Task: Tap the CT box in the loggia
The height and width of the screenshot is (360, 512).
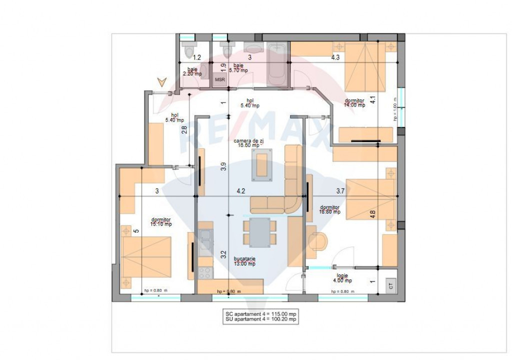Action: click(390, 285)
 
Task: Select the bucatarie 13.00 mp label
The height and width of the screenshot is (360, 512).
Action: click(245, 261)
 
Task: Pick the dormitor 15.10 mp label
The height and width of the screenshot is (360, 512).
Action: click(161, 222)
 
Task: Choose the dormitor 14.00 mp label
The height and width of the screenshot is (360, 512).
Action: click(354, 103)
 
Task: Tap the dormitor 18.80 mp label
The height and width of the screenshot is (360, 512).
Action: click(330, 209)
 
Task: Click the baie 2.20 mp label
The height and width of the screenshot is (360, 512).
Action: click(192, 71)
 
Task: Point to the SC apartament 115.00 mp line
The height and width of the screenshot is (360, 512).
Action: click(260, 312)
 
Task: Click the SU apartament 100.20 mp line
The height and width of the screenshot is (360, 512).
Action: click(260, 318)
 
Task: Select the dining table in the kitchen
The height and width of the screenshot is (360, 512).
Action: click(259, 232)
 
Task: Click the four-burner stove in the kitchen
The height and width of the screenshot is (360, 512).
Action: click(205, 273)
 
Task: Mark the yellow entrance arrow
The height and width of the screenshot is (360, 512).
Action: click(161, 81)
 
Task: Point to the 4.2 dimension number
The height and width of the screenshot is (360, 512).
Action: click(240, 190)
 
